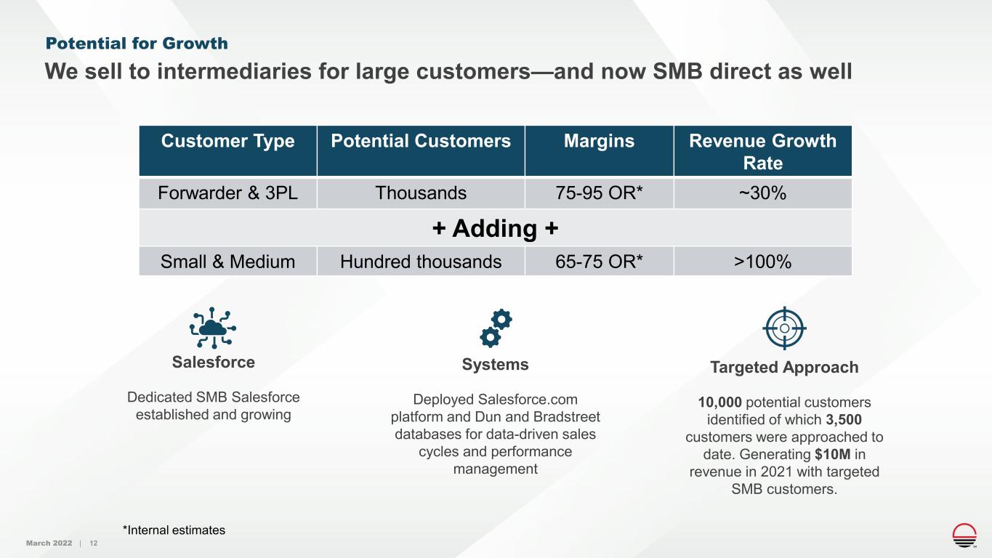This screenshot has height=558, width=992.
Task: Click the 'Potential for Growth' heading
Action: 137,44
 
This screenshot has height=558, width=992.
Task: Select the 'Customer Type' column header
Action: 227,141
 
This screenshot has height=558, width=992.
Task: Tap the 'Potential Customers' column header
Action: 421,141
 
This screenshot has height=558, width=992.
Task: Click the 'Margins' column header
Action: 599,141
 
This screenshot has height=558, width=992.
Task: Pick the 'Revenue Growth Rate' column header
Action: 762,152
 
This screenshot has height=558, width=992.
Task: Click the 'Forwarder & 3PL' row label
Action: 227,193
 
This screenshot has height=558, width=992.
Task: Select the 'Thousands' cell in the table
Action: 421,193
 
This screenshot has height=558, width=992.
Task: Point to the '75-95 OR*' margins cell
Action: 599,193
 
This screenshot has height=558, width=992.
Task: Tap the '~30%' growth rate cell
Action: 762,193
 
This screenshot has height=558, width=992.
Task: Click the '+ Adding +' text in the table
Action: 495,229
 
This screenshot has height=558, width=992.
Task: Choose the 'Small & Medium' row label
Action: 227,262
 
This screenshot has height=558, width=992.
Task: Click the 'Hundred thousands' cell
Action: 421,262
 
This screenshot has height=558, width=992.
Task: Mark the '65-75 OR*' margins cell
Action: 599,262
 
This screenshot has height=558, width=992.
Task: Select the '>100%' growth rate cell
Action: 762,262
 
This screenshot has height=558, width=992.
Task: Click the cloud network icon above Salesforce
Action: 213,328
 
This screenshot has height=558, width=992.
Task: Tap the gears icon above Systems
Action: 496,328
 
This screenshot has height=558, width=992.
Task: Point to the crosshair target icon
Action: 784,328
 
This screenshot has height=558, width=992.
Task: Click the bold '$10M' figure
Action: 833,454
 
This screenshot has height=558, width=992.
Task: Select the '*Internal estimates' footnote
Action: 174,530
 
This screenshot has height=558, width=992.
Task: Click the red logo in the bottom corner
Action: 964,535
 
